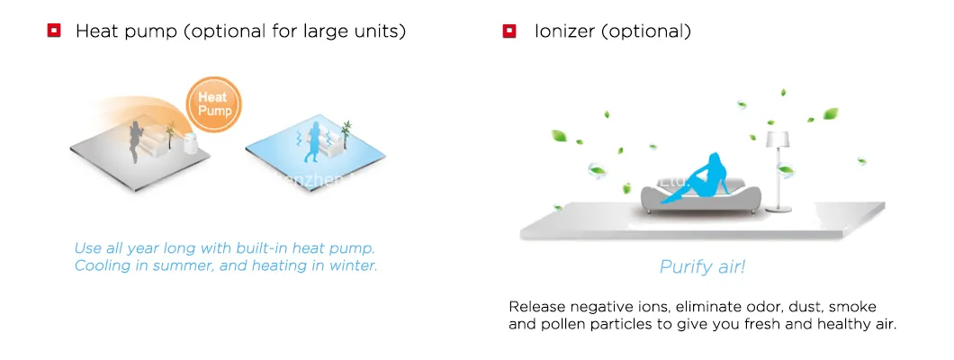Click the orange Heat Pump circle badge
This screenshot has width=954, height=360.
(x=215, y=103)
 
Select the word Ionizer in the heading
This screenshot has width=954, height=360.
(x=563, y=31)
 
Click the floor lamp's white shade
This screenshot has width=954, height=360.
(x=777, y=139)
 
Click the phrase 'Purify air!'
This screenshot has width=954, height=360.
(x=702, y=266)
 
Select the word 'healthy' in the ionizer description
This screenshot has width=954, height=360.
(x=838, y=324)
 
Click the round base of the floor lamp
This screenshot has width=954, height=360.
(x=779, y=210)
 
